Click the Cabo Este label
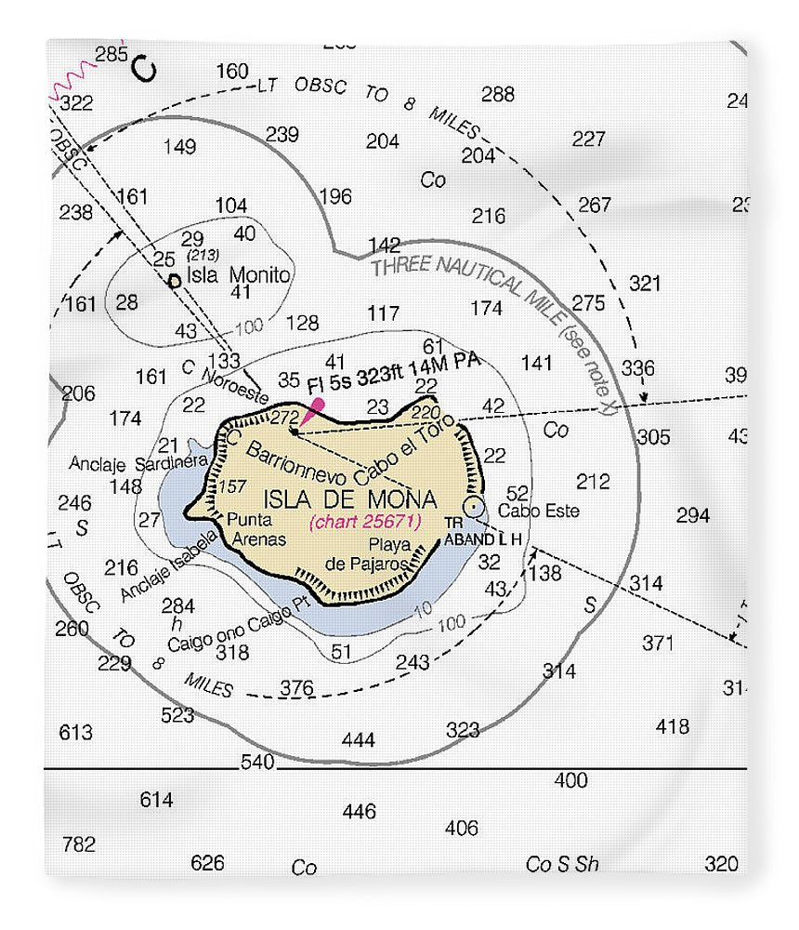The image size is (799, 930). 538,511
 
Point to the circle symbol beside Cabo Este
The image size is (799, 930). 475,507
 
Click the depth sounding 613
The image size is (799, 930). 75,733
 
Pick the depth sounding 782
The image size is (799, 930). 78,844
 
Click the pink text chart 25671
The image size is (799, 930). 366,522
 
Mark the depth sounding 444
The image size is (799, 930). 358,740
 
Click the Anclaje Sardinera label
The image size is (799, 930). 137,462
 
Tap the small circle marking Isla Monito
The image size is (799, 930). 174,280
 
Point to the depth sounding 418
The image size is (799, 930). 673,726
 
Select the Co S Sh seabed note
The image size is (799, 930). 562,864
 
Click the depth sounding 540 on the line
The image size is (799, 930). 257,763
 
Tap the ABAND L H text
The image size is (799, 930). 484,538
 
